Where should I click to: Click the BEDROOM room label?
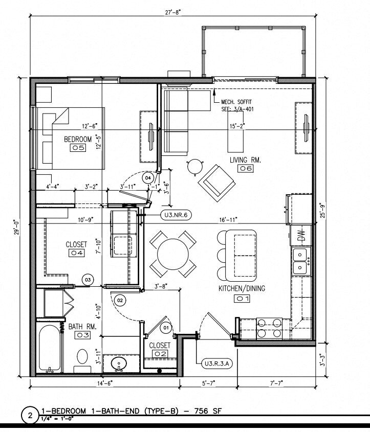coord(77,139)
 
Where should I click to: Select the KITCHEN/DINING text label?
coord(242,289)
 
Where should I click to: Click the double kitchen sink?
coord(299,260)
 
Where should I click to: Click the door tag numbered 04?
coord(148,177)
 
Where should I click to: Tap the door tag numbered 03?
coord(88,280)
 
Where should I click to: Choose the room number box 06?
coord(244,169)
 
